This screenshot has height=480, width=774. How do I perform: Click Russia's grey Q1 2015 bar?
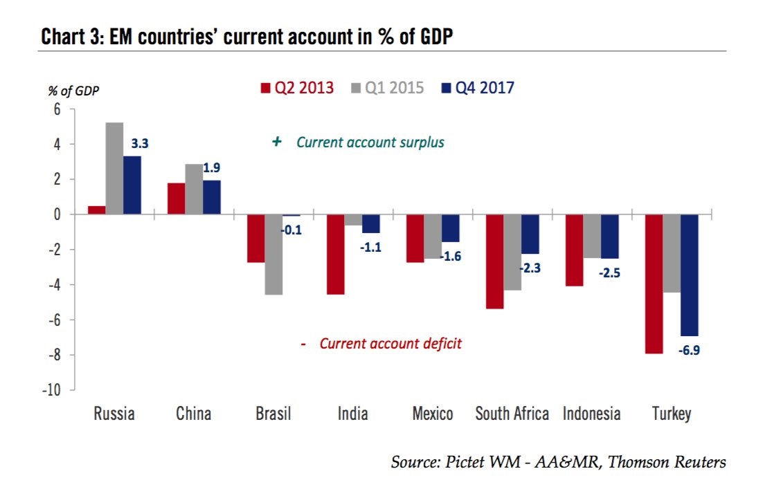(115, 169)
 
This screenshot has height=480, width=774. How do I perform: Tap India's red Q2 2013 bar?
(336, 255)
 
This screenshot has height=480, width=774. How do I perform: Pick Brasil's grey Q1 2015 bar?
(273, 255)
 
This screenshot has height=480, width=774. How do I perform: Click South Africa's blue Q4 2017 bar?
(530, 234)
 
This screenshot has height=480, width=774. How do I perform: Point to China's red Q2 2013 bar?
(176, 199)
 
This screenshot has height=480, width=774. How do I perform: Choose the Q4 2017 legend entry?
(477, 89)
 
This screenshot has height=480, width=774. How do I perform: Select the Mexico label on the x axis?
(433, 415)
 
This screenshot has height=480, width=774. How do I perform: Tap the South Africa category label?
(512, 415)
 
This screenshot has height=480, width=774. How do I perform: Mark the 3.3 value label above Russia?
(140, 144)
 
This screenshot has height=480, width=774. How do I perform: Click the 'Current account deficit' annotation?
(390, 344)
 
